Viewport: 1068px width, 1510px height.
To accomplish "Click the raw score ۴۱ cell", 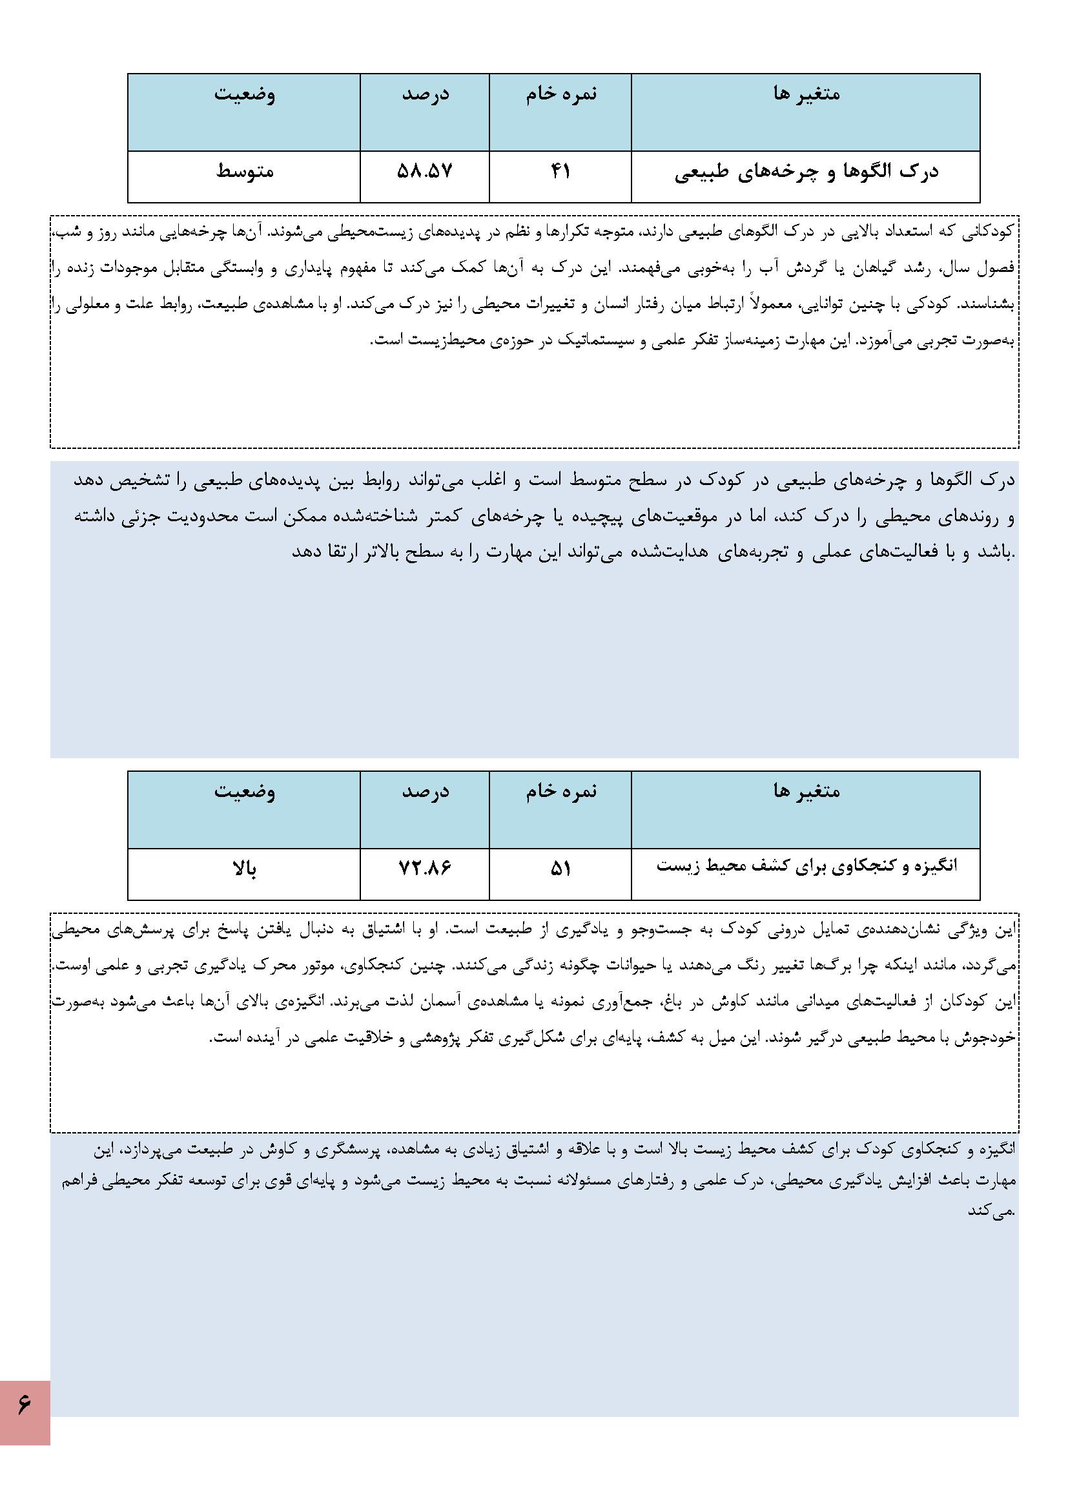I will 560,172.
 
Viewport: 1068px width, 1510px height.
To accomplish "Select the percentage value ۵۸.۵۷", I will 425,172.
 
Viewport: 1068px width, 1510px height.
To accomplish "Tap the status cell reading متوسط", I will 245,172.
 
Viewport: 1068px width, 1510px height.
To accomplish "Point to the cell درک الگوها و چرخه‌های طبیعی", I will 806,172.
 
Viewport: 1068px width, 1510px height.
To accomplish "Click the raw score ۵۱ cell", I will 560,869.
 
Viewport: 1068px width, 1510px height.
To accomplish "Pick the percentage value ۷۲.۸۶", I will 425,869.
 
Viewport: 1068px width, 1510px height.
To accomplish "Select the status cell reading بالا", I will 245,869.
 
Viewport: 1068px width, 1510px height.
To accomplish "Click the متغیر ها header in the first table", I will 806,95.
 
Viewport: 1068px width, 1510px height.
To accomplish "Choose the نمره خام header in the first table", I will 560,95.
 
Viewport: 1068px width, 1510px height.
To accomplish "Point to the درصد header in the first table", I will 425,95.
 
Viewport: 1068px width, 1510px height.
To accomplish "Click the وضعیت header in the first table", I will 245,95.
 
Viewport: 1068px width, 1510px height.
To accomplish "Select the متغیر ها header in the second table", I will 806,792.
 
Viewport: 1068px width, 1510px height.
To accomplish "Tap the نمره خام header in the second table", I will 560,792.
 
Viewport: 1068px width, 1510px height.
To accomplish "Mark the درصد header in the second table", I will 425,792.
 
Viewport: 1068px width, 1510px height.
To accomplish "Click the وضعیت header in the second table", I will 245,792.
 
